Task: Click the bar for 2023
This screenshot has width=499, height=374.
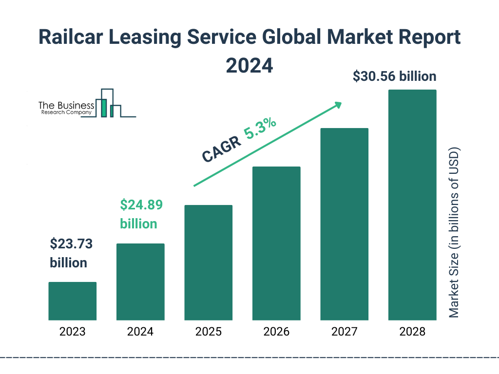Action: pos(72,301)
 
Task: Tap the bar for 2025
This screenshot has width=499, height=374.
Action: pos(208,262)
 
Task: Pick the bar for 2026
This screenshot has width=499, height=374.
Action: pos(276,243)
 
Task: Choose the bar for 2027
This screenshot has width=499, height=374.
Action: pos(344,224)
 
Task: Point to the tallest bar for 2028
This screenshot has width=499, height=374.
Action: pos(412,205)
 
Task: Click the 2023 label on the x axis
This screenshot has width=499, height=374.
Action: pos(72,332)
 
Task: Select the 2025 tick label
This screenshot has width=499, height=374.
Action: pos(208,332)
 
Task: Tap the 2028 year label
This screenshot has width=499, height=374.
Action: pos(412,332)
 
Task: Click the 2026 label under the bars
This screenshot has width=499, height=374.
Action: pos(276,332)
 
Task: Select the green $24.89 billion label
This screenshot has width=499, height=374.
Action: pos(141,214)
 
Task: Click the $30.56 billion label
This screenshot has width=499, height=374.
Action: pos(394,76)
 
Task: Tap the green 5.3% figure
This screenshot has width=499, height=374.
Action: pos(261,128)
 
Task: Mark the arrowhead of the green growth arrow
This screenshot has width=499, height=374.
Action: pos(338,105)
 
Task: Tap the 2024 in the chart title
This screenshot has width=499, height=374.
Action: pos(249,65)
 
